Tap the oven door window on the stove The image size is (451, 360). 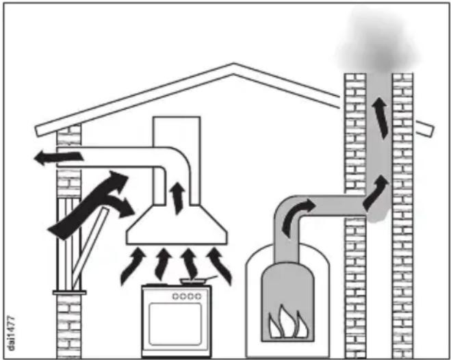click(175, 324)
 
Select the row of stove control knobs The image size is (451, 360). click(187, 296)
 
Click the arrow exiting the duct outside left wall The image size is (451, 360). click(59, 157)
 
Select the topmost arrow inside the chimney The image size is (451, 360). click(381, 118)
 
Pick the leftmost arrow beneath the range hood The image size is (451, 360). click(132, 266)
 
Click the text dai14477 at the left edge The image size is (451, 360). click(11, 333)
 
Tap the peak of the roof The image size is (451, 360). click(233, 64)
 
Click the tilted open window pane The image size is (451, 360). click(90, 247)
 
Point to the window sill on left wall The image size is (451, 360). click(69, 292)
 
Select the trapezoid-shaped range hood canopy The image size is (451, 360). click(177, 225)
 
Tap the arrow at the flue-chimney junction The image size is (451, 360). click(376, 192)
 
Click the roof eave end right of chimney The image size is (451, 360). click(424, 129)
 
